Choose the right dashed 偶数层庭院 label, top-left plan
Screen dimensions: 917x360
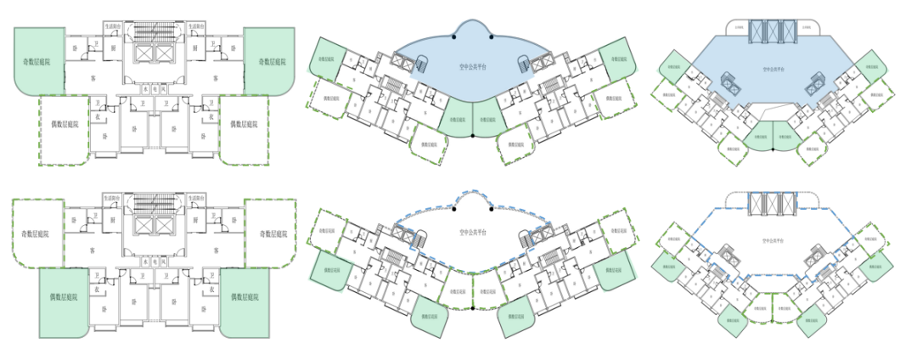(x=245, y=124)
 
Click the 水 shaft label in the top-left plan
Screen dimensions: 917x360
(x=146, y=87)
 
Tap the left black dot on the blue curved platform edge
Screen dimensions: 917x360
(x=456, y=36)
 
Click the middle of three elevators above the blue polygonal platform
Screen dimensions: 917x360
(x=772, y=30)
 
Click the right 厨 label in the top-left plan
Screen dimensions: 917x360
(x=194, y=49)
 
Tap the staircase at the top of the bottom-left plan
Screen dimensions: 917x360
(x=155, y=205)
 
